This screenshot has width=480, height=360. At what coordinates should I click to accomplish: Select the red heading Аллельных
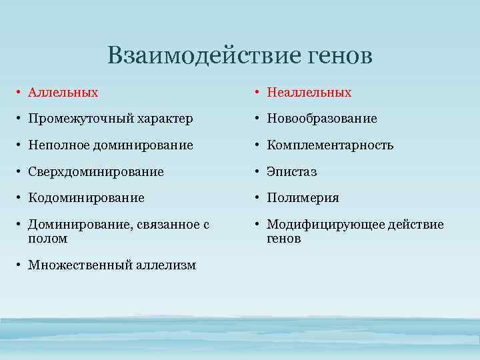(63, 93)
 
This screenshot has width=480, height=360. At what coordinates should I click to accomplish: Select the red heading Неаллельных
(309, 93)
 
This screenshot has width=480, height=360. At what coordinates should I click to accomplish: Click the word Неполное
(54, 145)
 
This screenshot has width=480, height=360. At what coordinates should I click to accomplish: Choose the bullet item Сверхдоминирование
(95, 172)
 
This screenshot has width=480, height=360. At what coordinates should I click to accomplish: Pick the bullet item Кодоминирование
(86, 198)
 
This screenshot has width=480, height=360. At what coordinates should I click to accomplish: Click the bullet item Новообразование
(322, 119)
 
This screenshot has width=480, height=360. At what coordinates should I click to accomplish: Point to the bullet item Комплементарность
(330, 145)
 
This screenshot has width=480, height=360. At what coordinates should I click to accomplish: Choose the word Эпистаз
(291, 172)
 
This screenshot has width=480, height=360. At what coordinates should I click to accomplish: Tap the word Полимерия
(303, 198)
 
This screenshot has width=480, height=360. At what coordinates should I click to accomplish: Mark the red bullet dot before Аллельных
(21, 93)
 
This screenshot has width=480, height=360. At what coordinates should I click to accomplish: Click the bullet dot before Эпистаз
(259, 172)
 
